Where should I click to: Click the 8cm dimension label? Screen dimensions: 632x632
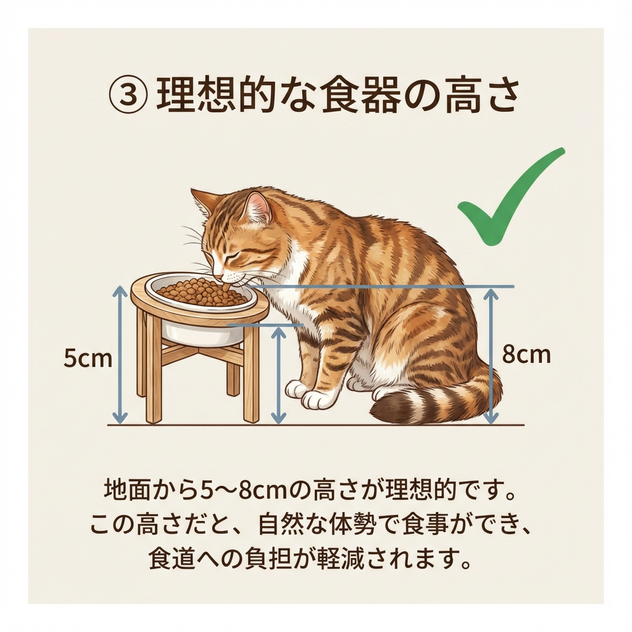coord(526,355)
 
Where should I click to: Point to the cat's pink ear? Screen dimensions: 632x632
coord(258,208)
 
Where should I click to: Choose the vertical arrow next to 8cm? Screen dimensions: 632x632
coord(491,356)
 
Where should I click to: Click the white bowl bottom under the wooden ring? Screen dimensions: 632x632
coord(203,335)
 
